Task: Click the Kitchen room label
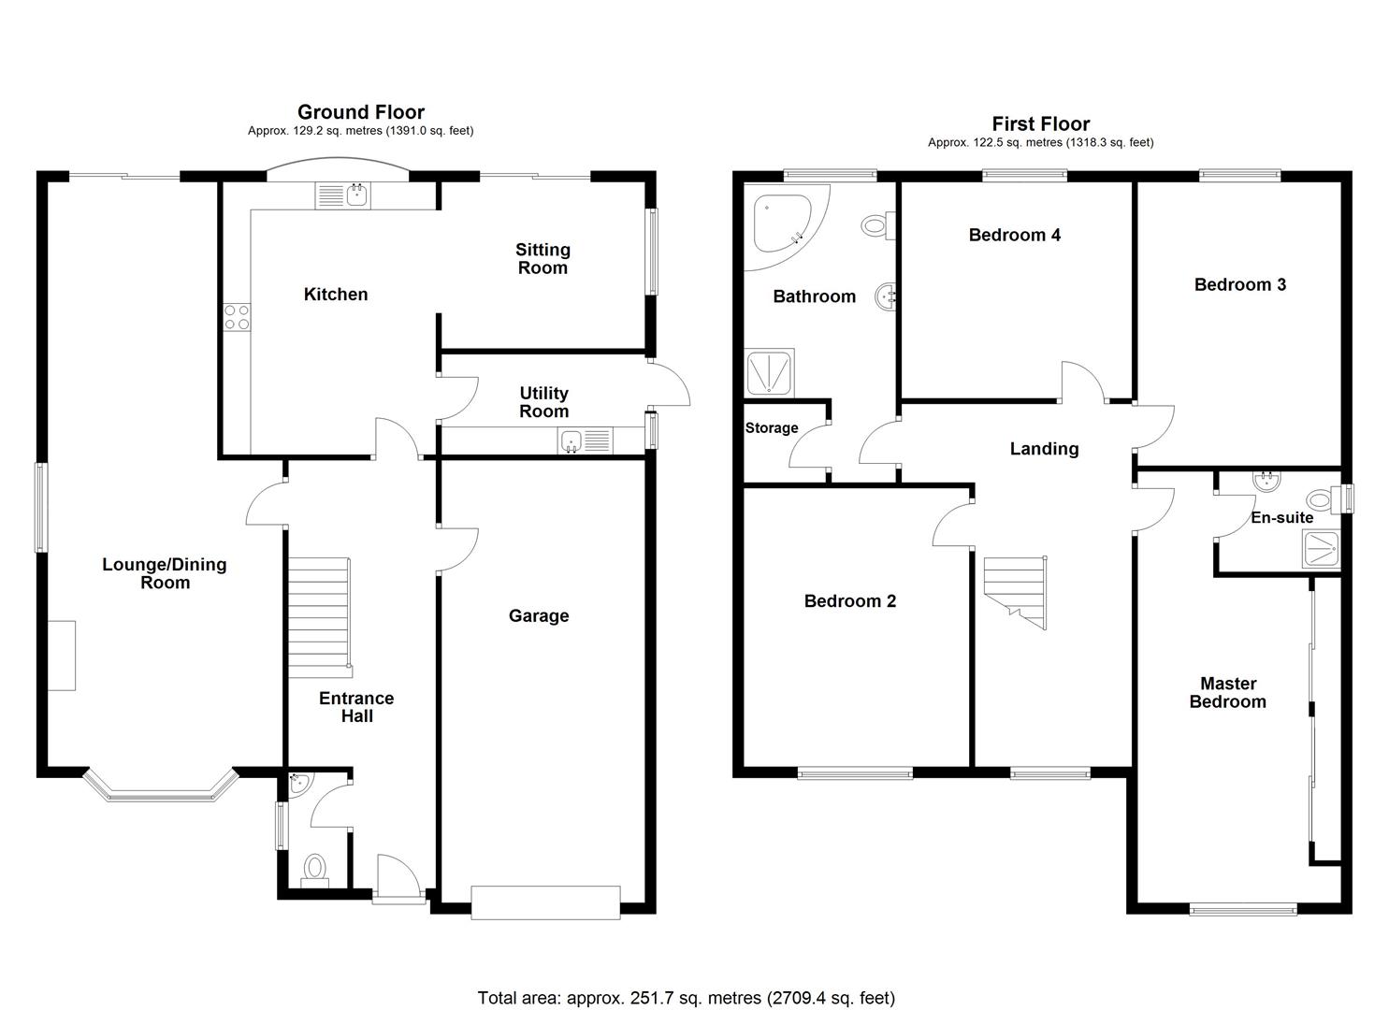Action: (336, 295)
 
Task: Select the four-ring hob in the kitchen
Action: (237, 317)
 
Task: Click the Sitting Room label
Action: (543, 259)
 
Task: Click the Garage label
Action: (539, 615)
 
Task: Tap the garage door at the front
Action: (545, 902)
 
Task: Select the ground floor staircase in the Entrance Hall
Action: (318, 617)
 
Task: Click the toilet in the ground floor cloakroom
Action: (315, 867)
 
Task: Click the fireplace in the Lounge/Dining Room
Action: (62, 656)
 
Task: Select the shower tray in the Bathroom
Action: (770, 372)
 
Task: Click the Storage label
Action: (772, 428)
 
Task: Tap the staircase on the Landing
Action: (1015, 591)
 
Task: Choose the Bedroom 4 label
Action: (1014, 235)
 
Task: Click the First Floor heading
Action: (1040, 123)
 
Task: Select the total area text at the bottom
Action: (686, 998)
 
